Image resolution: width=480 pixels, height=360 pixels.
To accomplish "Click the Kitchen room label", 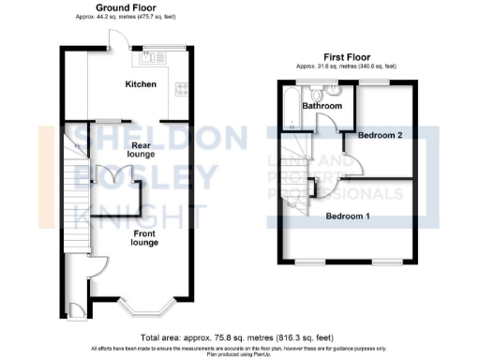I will tap(141, 85).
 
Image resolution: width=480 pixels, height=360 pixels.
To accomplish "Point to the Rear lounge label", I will tap(142, 150).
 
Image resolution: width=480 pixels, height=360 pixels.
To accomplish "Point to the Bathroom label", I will tap(322, 106).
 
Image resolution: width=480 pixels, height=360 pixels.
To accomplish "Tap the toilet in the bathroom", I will tap(318, 93).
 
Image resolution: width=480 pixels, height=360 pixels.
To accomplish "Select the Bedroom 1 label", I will tap(347, 217).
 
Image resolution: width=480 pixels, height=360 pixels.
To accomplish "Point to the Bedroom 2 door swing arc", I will tap(349, 165).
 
